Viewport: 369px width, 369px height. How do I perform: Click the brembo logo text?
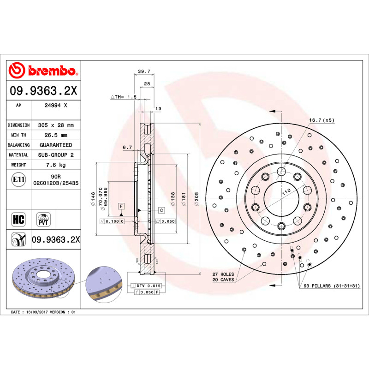[x=51, y=71]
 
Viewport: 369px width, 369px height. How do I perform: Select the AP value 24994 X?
[x=56, y=105]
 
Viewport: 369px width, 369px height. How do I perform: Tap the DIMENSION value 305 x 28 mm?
[x=55, y=125]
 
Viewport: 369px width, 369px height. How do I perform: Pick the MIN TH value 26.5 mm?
[x=55, y=135]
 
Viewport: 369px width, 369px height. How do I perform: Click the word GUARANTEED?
[x=56, y=145]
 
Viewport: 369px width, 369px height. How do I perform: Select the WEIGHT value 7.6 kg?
[x=56, y=165]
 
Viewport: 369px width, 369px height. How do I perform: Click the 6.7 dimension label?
[x=127, y=148]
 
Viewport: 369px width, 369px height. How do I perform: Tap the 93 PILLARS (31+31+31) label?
[x=331, y=286]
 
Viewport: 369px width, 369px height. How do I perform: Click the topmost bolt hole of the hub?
[x=281, y=172]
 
